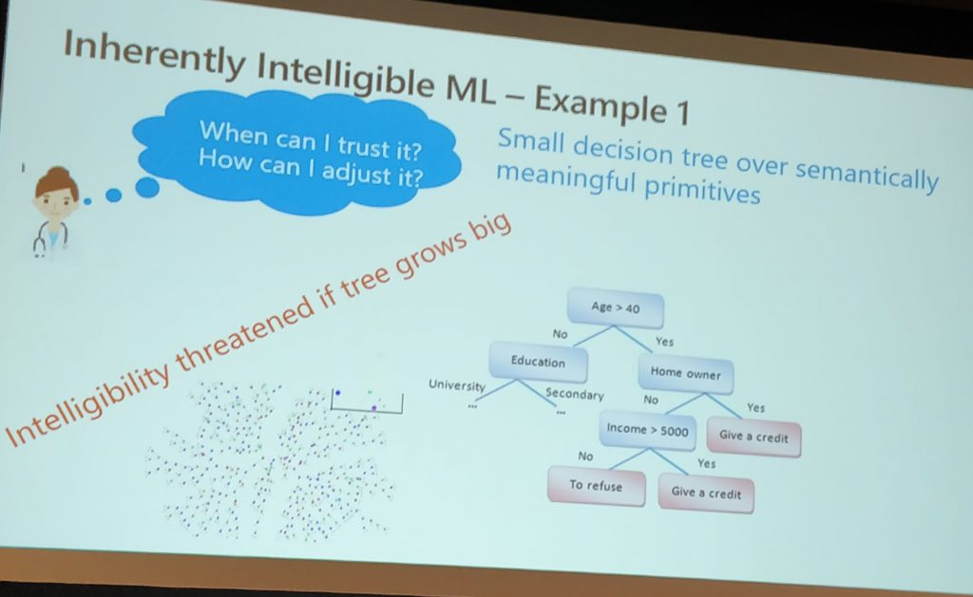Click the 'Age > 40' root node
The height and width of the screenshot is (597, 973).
click(x=616, y=308)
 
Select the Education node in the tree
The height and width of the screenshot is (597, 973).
click(x=538, y=362)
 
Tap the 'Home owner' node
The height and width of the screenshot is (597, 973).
click(x=686, y=373)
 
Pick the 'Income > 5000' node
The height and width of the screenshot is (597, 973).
click(x=648, y=429)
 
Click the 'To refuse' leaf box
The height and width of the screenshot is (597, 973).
click(x=596, y=485)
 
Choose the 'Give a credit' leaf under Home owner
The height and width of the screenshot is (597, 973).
click(x=754, y=437)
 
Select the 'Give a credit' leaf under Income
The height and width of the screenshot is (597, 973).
click(x=706, y=493)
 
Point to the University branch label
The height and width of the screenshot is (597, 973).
click(x=457, y=385)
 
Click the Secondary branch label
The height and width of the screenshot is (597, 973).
click(x=574, y=394)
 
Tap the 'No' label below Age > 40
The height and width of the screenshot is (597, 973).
click(x=561, y=334)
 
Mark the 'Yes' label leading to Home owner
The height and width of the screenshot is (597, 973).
click(x=664, y=342)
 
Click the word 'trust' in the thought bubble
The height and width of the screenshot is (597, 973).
click(x=362, y=146)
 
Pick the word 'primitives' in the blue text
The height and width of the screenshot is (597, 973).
click(x=702, y=189)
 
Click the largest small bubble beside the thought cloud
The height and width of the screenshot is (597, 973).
click(x=147, y=187)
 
